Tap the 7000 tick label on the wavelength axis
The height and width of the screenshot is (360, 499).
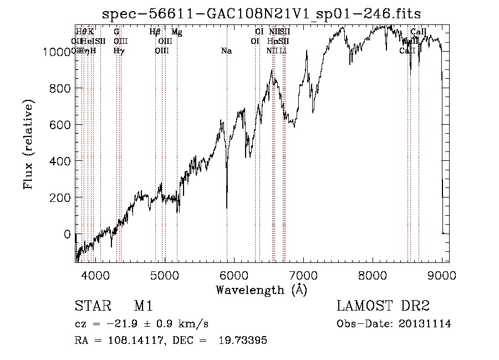tap(303, 274)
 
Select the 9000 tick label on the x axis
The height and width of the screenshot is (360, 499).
tap(442, 274)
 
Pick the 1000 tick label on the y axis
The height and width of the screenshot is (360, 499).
tap(56, 52)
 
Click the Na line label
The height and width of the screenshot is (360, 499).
tap(226, 51)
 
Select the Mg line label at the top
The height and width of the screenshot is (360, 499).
tap(176, 32)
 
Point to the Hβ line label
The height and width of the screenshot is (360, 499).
tap(155, 32)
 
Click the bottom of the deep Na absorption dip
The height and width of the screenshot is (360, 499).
tap(227, 207)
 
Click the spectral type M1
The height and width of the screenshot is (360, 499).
tap(143, 307)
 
